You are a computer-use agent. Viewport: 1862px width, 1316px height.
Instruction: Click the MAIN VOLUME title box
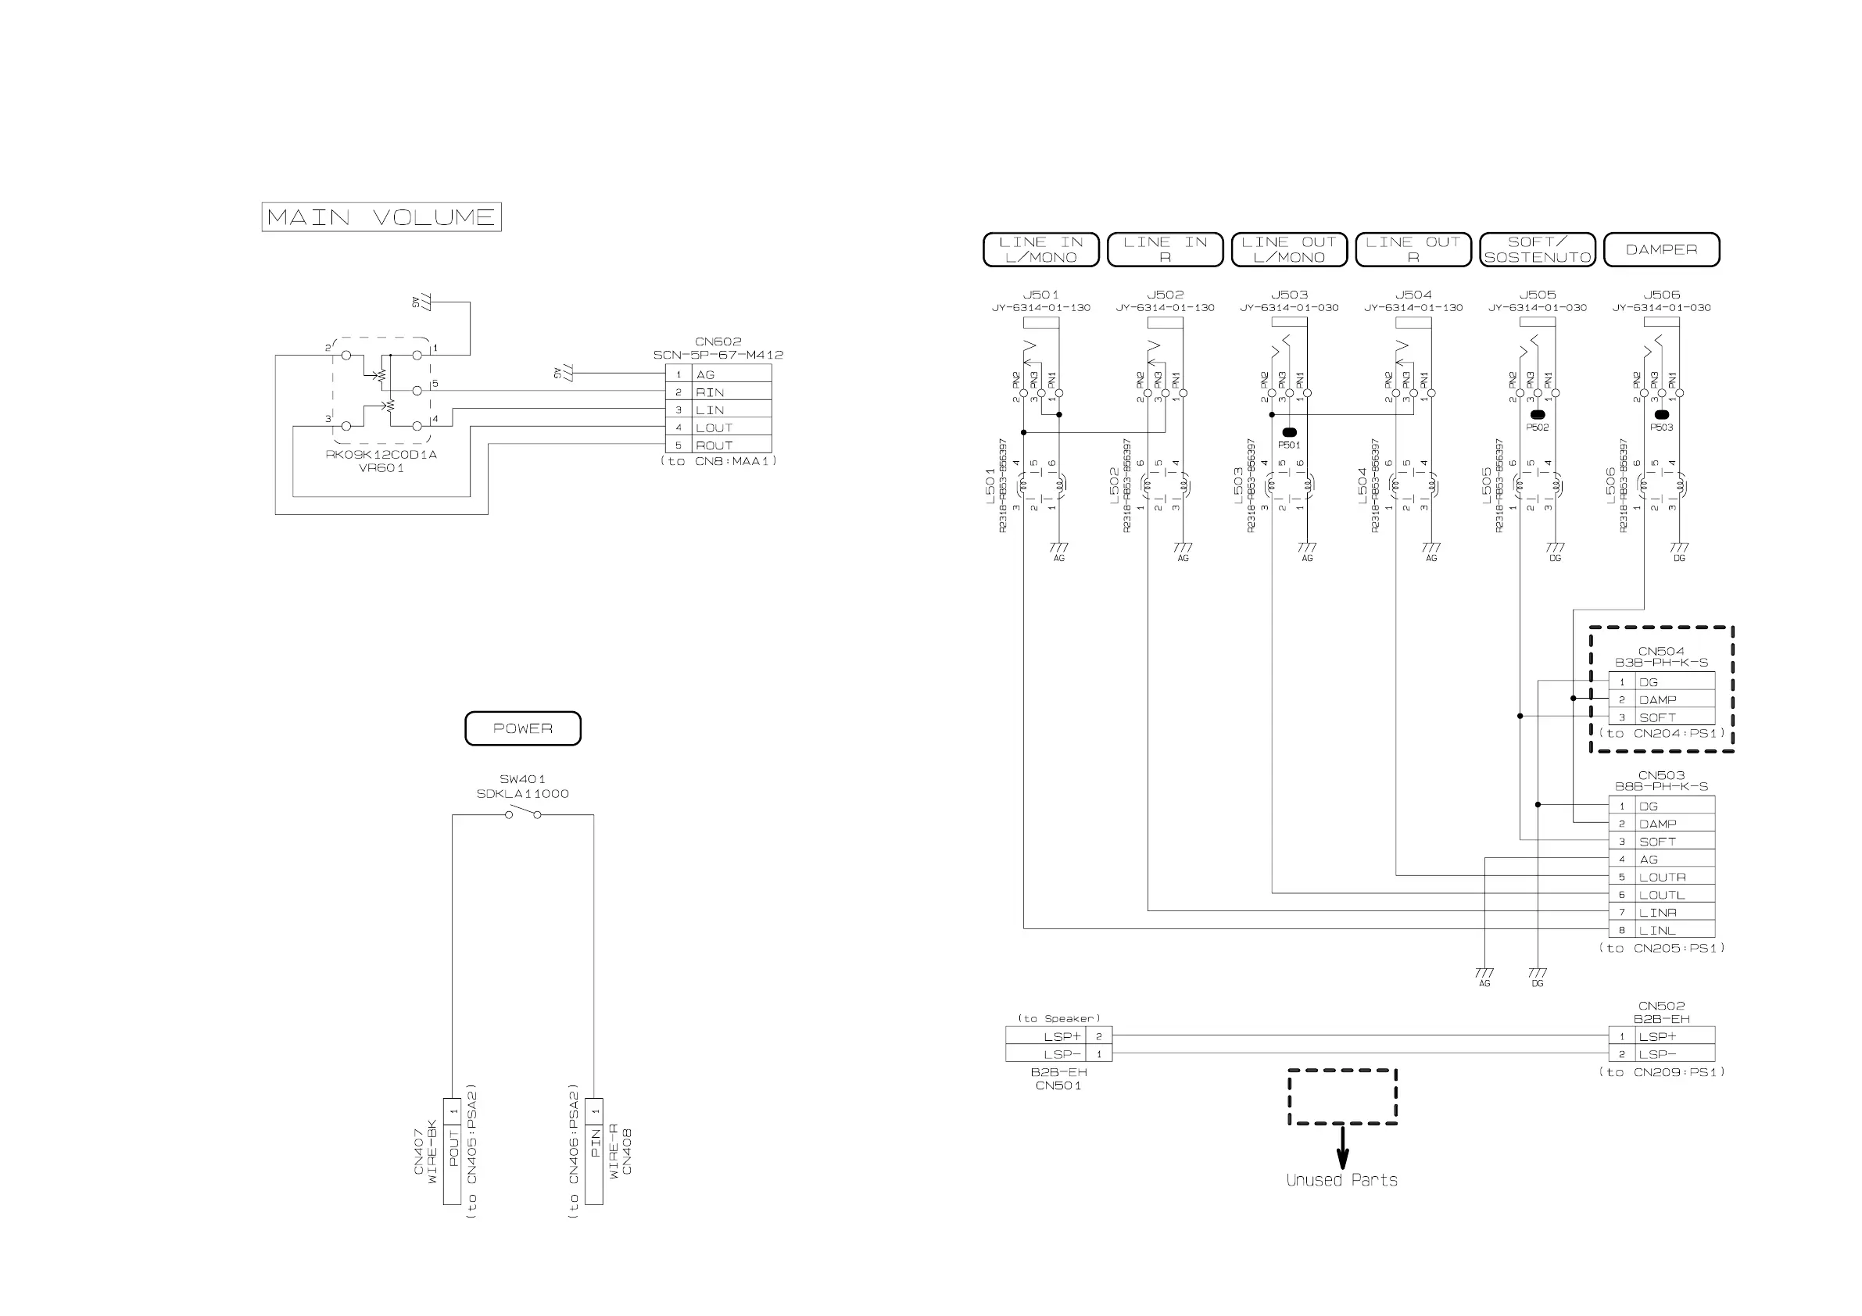pos(381,217)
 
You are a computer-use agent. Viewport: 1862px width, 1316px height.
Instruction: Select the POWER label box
pos(522,728)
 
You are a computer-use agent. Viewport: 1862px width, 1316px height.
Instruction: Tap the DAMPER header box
pos(1661,250)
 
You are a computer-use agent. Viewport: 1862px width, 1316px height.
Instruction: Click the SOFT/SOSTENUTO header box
pos(1537,250)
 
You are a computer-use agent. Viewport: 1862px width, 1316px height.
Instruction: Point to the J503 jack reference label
pos(1289,295)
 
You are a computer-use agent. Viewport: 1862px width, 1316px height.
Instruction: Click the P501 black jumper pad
pos(1289,432)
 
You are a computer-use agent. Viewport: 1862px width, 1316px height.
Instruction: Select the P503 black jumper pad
pos(1661,415)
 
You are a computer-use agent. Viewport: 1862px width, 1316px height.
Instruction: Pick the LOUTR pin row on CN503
pos(1661,877)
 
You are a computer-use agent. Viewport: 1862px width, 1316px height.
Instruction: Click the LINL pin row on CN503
pos(1661,930)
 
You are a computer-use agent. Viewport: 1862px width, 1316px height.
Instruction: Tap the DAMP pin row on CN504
pos(1661,699)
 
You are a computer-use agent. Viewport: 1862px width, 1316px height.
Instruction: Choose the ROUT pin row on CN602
pos(718,445)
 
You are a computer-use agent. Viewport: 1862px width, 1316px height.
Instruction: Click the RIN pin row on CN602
pos(718,392)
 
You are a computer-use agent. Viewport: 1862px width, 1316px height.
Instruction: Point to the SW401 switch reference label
pos(522,779)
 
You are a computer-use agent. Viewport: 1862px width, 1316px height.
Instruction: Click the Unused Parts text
pos(1341,1181)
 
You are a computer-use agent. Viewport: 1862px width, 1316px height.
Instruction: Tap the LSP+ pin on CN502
pos(1661,1036)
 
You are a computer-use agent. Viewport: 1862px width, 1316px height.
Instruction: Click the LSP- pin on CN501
pos(1058,1054)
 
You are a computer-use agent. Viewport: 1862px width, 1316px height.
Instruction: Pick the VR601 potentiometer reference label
pos(381,468)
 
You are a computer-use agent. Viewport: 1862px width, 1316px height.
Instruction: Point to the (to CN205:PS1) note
pos(1661,948)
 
